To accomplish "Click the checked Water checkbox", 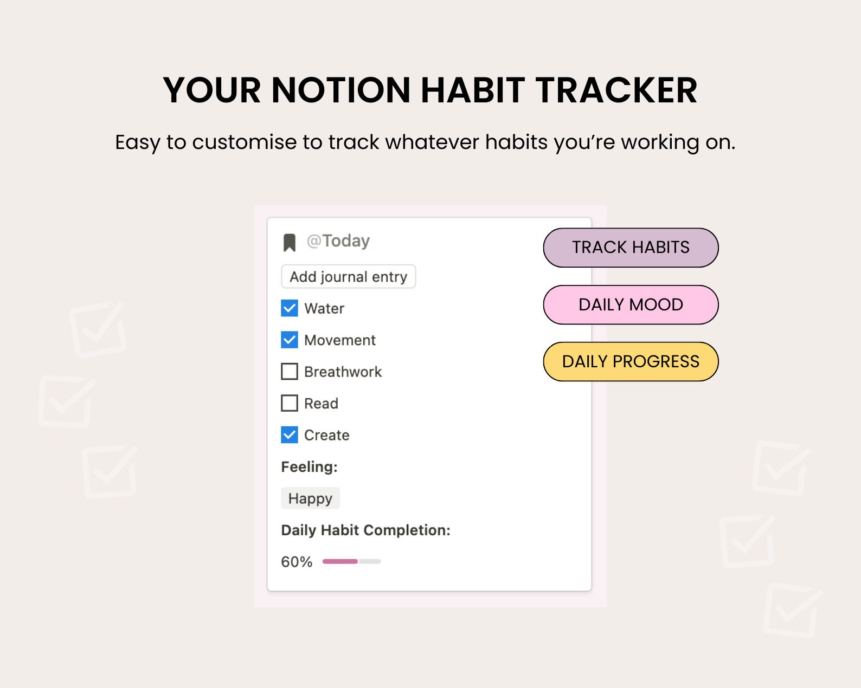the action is [290, 308].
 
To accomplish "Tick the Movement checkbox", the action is [290, 340].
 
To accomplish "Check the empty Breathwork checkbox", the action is [290, 372].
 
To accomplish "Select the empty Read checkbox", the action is [290, 403].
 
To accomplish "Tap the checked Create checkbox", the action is [290, 435].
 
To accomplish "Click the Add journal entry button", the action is [349, 277].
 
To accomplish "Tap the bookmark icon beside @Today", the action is [290, 243].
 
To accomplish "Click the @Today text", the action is [338, 241].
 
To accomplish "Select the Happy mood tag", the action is [311, 498].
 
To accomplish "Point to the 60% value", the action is [297, 562].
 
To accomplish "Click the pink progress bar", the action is [340, 561].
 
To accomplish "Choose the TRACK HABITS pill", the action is [631, 248].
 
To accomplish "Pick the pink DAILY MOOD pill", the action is [631, 304].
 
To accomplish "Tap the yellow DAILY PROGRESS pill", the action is [631, 361].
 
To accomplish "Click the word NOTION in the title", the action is [341, 90].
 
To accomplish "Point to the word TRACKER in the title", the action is [616, 90].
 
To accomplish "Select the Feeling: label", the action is [309, 466].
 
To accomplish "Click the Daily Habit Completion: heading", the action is [365, 530].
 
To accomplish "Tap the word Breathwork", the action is [343, 372].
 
